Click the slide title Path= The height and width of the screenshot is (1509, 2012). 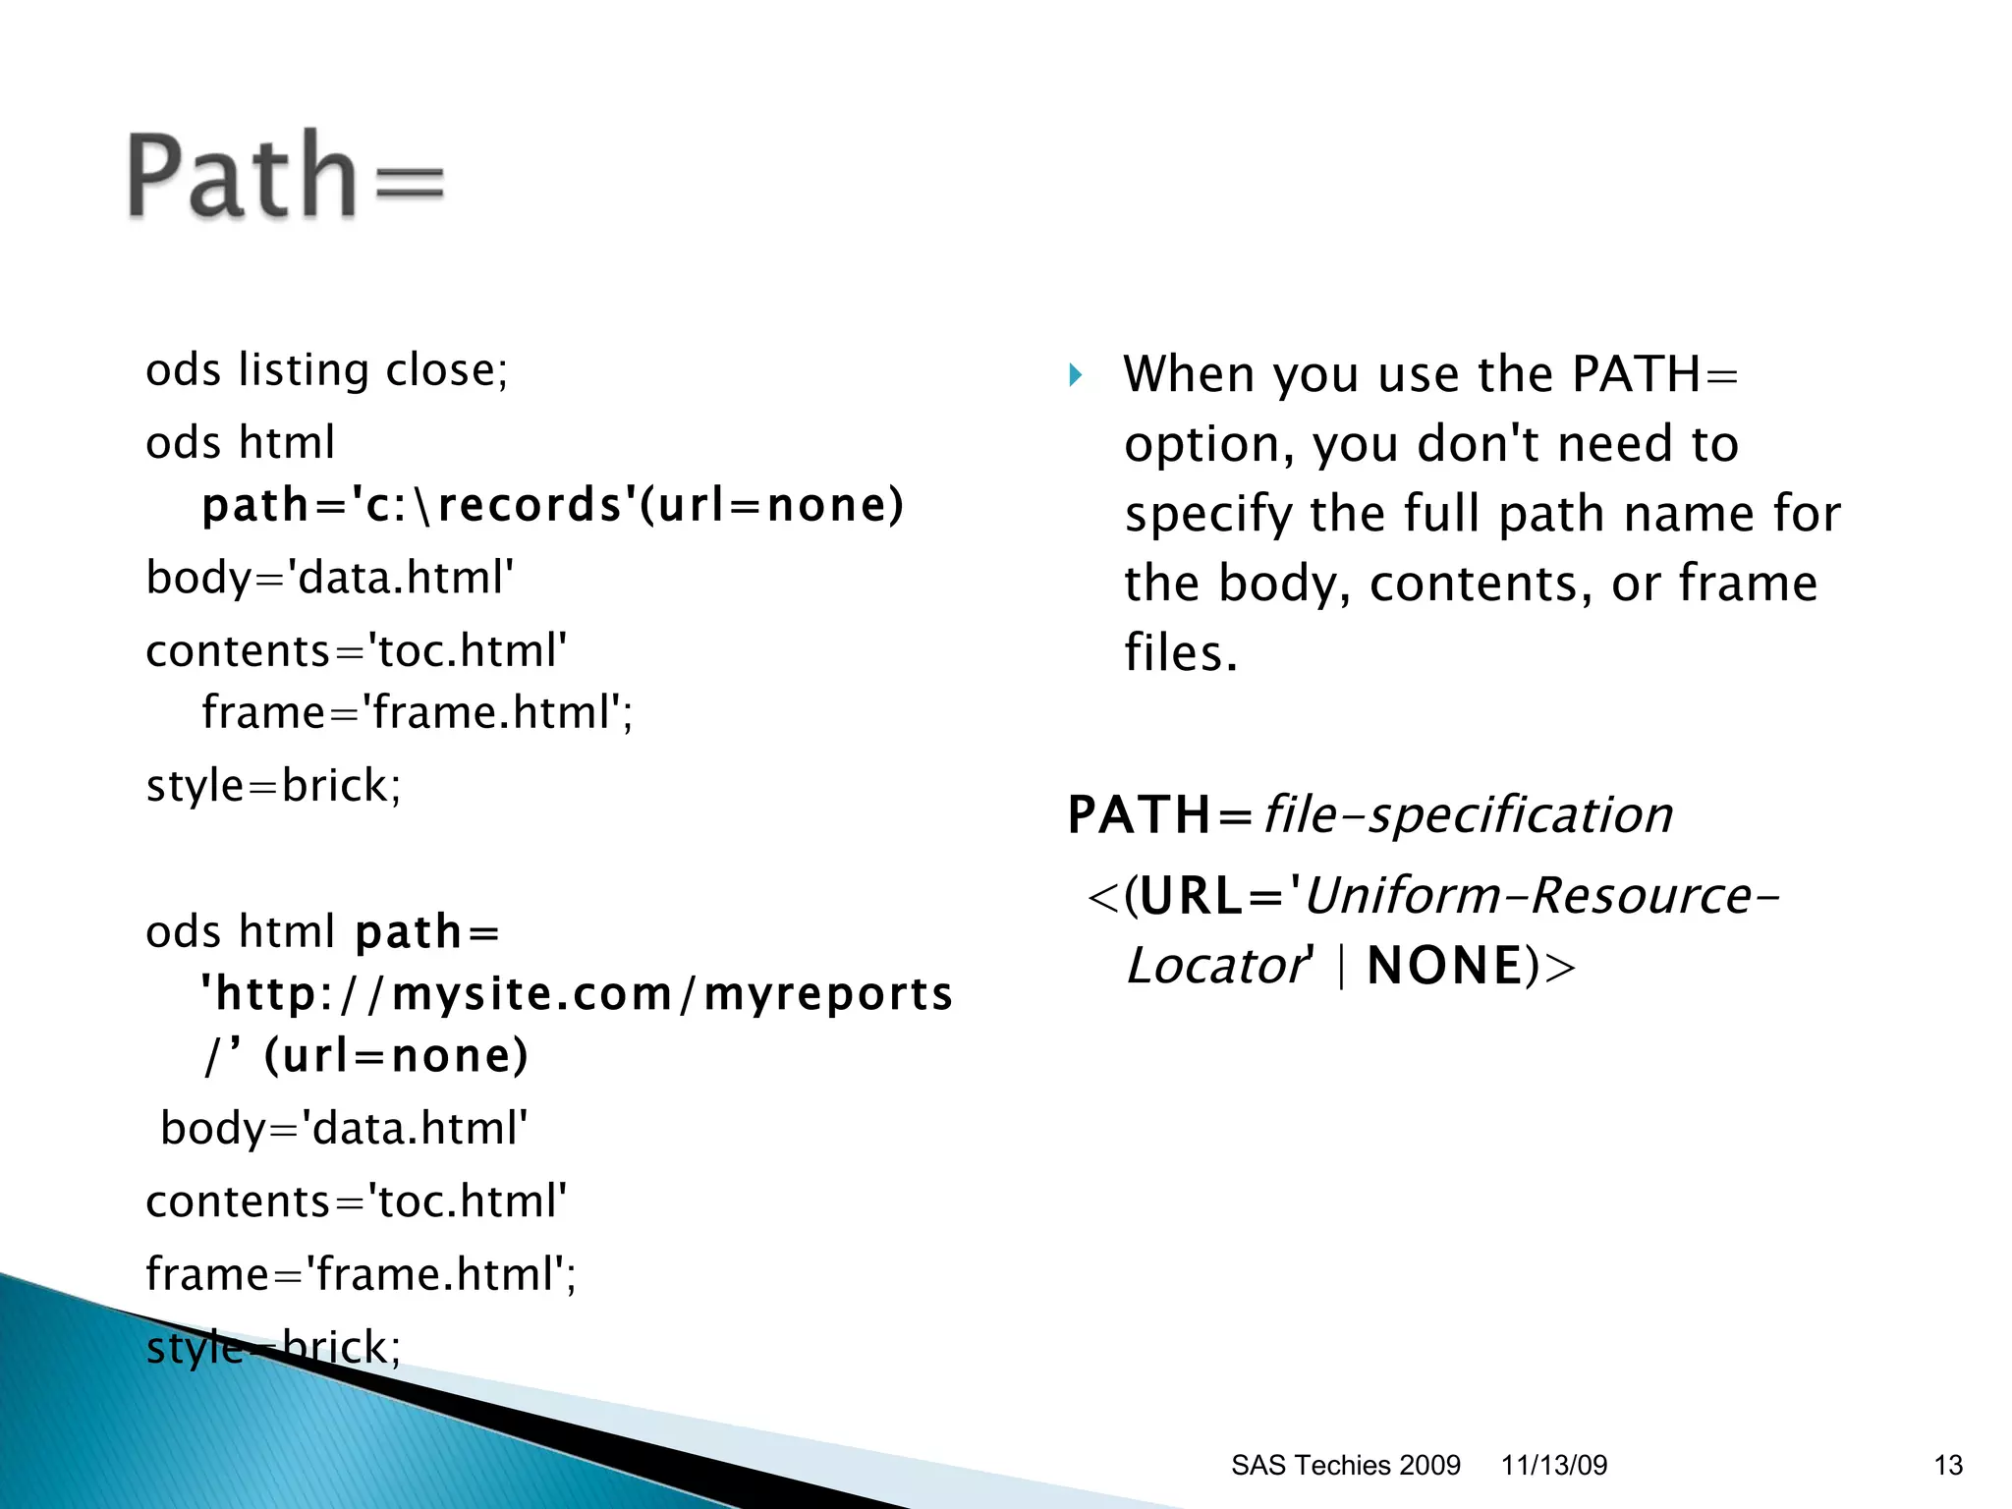(285, 177)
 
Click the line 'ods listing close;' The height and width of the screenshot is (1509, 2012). (327, 370)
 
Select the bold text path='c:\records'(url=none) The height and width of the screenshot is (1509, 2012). (552, 506)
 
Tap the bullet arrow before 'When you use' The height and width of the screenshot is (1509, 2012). (1076, 374)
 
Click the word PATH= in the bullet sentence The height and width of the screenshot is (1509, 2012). (1654, 374)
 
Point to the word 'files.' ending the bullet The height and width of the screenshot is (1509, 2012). (1181, 653)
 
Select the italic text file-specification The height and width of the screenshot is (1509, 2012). (1468, 815)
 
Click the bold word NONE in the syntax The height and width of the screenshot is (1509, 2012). (1444, 966)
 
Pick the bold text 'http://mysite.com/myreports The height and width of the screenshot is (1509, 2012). (577, 994)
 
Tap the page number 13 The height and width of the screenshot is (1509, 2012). (1948, 1465)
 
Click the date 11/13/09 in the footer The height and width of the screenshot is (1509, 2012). (1554, 1465)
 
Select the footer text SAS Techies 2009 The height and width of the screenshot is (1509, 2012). (1345, 1465)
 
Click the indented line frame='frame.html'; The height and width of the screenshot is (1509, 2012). (418, 712)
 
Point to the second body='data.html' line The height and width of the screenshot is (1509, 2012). (344, 1129)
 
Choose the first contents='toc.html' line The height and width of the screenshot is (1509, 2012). (357, 651)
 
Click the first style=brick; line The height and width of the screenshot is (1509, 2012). (273, 786)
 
